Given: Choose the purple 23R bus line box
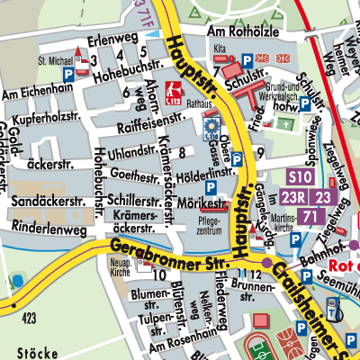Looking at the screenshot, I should tap(294, 197).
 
